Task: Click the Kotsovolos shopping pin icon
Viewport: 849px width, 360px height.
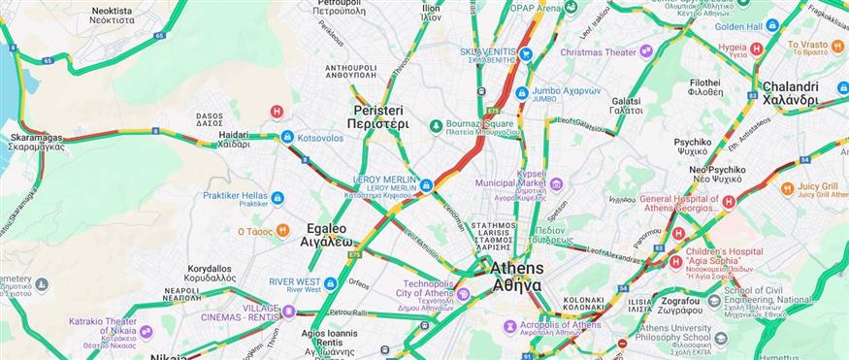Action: click(x=287, y=137)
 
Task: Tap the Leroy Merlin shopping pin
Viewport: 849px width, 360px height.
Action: click(x=426, y=183)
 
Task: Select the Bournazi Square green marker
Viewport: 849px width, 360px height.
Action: click(x=437, y=125)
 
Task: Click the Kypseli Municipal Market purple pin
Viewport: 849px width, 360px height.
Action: click(x=556, y=182)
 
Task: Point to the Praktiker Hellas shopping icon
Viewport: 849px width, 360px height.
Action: click(x=278, y=198)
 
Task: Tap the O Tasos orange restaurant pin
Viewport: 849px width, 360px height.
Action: click(x=282, y=230)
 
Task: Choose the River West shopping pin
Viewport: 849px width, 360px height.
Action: click(x=330, y=283)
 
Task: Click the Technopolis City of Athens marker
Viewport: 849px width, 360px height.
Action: click(x=464, y=293)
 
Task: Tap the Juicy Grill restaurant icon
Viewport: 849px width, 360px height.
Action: click(x=780, y=189)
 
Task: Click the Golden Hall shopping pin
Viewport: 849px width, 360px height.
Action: click(x=772, y=25)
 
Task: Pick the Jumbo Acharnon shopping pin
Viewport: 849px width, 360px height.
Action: click(x=522, y=93)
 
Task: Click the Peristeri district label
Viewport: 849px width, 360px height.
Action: click(x=380, y=117)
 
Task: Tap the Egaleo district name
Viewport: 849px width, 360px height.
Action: click(x=325, y=233)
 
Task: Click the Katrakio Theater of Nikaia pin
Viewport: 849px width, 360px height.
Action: click(x=147, y=332)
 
